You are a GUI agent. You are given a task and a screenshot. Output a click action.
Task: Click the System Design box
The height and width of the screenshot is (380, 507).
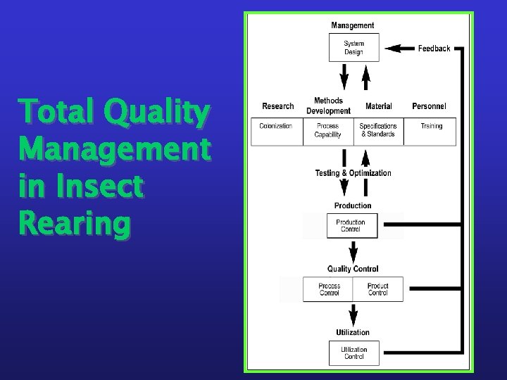coord(353,48)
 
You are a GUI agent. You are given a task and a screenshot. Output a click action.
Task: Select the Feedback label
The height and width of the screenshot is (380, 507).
coord(434,49)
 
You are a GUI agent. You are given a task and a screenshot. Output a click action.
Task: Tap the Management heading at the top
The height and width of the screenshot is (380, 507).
coord(353,26)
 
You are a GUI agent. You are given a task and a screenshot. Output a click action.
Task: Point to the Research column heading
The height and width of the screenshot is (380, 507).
coord(277,106)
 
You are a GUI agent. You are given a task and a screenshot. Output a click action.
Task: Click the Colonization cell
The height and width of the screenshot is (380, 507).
coord(276,127)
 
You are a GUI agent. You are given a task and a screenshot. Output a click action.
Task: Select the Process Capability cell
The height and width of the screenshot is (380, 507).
coord(327,131)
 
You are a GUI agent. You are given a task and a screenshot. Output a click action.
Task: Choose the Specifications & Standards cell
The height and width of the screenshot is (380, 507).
coord(378,131)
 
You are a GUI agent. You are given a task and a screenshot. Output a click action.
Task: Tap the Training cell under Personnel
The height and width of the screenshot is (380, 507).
coord(431,127)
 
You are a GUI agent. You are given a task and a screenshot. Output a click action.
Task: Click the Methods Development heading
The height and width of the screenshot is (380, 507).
coord(328,106)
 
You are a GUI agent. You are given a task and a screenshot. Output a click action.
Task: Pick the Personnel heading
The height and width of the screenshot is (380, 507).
coord(429,106)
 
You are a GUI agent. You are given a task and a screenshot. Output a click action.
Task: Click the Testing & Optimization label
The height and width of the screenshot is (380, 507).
coord(353,173)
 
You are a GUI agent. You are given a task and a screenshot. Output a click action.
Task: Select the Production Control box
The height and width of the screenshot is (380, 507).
coord(351,226)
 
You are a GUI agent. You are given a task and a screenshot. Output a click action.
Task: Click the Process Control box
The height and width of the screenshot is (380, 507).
coord(329,289)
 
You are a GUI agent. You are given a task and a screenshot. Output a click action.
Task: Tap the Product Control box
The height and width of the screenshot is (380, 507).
coord(378,289)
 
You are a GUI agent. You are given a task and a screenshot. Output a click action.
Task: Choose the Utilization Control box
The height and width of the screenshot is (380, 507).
coord(353,353)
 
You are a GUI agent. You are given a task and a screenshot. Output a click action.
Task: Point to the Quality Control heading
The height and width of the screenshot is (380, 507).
coord(353,269)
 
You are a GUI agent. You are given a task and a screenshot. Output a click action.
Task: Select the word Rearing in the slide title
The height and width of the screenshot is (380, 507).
coord(75,224)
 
